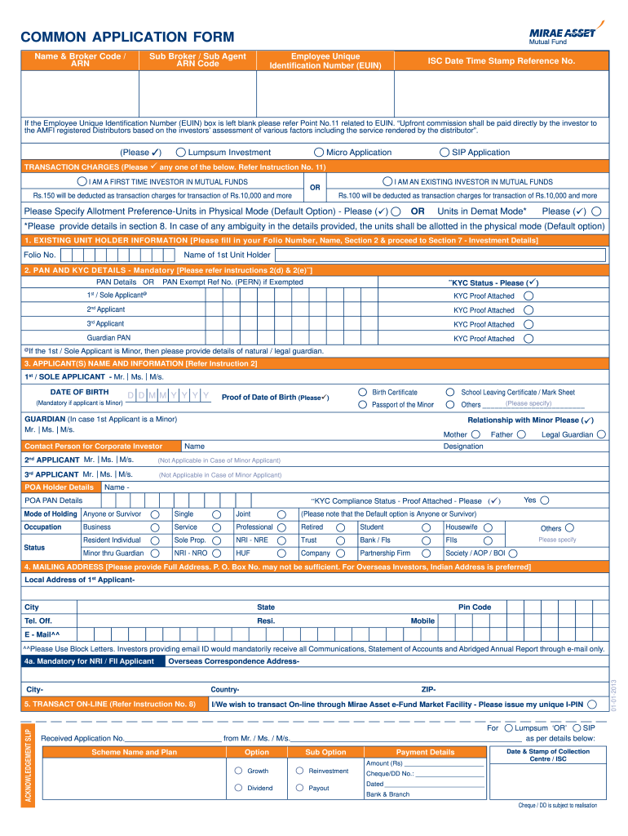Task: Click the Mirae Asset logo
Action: click(559, 33)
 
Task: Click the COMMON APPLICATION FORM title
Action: click(127, 38)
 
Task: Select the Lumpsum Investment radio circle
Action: click(181, 153)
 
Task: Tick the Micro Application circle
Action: click(319, 153)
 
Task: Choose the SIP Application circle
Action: click(444, 153)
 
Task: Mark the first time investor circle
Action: click(82, 181)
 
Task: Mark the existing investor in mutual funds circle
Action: click(387, 181)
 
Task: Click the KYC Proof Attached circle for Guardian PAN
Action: click(528, 338)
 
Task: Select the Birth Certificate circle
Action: click(363, 393)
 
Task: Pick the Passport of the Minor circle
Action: click(363, 405)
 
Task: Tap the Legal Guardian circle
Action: click(601, 435)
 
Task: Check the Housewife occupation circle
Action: click(488, 527)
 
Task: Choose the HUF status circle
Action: click(281, 554)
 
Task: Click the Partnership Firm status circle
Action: click(426, 554)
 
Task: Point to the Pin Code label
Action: click(474, 607)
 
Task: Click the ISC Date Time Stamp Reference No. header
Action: click(501, 61)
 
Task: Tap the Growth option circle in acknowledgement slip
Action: click(238, 771)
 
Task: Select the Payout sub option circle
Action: click(299, 788)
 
